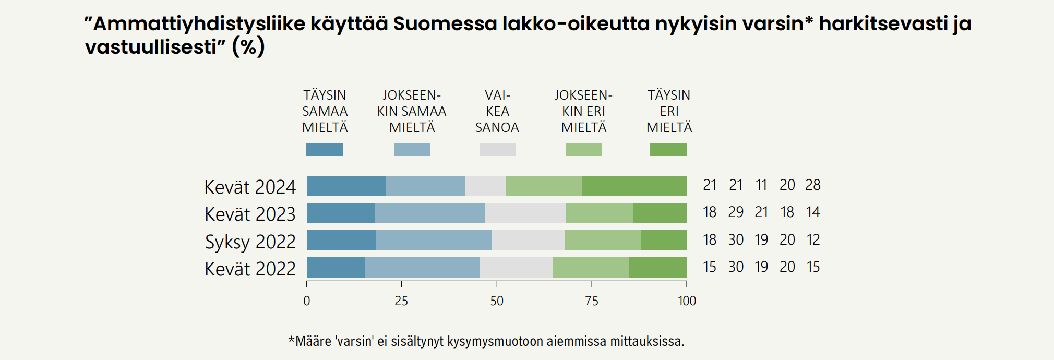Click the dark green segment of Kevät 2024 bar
point(634,186)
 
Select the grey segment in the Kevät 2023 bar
point(525,213)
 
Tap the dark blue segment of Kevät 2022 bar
point(336,268)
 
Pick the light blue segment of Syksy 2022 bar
point(433,241)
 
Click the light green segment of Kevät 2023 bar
point(599,213)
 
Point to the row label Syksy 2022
point(250,242)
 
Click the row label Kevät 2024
point(250,187)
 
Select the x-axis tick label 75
point(592,301)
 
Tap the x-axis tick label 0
point(307,301)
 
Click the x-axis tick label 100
point(687,301)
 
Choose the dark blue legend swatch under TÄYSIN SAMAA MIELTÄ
point(325,150)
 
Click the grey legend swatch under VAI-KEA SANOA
point(497,150)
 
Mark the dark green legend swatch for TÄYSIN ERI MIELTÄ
point(668,150)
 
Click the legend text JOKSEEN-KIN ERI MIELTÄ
point(583,111)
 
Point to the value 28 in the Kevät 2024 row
point(813,185)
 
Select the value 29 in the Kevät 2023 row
point(736,212)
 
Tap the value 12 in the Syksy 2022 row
point(813,240)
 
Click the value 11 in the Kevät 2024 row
point(761,185)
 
